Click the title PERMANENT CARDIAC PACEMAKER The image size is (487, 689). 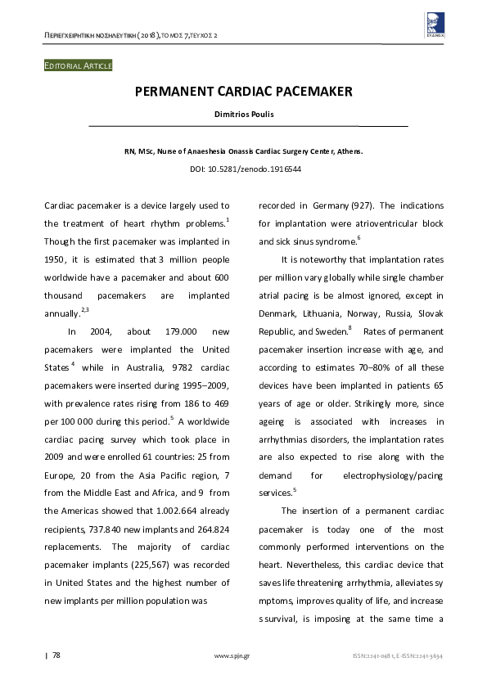click(x=243, y=92)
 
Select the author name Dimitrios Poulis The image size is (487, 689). click(x=243, y=114)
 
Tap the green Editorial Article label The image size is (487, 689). click(x=78, y=65)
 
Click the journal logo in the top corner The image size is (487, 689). click(x=435, y=22)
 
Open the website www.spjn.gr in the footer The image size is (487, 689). click(x=232, y=655)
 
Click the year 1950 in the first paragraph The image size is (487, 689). click(x=55, y=259)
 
